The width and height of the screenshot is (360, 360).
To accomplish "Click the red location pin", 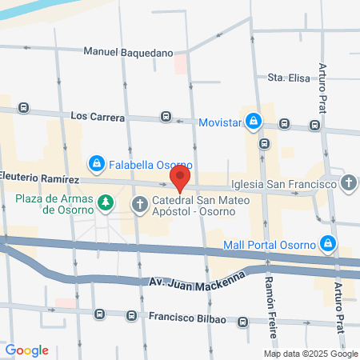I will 182,178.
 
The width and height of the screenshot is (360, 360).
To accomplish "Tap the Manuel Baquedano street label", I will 129,53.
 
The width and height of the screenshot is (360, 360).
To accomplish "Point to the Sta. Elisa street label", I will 288,78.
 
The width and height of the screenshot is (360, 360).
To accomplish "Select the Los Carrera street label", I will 98,117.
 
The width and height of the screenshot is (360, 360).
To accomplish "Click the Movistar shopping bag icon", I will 253,121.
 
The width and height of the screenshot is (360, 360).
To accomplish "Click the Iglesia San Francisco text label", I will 282,183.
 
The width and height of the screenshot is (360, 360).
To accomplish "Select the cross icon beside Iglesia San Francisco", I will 348,183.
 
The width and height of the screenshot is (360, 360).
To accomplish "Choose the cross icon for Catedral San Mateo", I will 139,204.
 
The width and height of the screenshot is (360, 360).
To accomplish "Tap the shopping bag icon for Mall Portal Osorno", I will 327,243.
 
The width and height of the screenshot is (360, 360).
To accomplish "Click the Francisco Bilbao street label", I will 187,318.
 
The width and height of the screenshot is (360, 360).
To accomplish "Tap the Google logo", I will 27,350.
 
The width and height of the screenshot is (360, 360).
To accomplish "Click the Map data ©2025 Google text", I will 311,354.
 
